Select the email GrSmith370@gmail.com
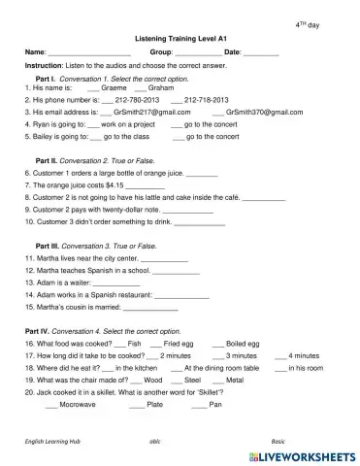pos(257,113)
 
